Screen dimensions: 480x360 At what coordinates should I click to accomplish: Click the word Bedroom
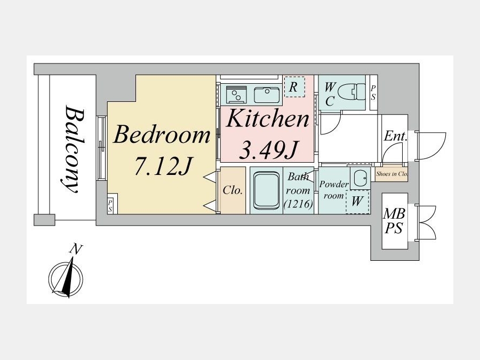pyautogui.click(x=162, y=135)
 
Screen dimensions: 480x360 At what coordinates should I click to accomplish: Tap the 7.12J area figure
pyautogui.click(x=163, y=166)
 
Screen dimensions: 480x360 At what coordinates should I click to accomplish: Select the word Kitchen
pyautogui.click(x=267, y=118)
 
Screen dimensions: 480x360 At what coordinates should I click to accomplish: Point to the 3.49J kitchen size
pyautogui.click(x=268, y=150)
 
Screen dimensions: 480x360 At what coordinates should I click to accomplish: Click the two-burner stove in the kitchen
pyautogui.click(x=236, y=94)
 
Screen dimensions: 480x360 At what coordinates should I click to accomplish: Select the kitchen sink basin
pyautogui.click(x=267, y=95)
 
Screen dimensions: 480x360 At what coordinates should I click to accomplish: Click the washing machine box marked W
pyautogui.click(x=357, y=202)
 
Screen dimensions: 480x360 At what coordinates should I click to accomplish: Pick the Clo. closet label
pyautogui.click(x=233, y=190)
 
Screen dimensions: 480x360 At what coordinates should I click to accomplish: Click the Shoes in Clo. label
pyautogui.click(x=391, y=174)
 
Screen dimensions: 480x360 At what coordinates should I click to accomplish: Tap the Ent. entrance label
pyautogui.click(x=396, y=136)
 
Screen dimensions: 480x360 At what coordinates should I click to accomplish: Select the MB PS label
pyautogui.click(x=395, y=221)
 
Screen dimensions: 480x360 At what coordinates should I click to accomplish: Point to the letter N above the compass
pyautogui.click(x=76, y=250)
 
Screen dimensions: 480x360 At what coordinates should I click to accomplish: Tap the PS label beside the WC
pyautogui.click(x=373, y=93)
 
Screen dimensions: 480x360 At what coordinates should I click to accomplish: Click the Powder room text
pyautogui.click(x=334, y=190)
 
